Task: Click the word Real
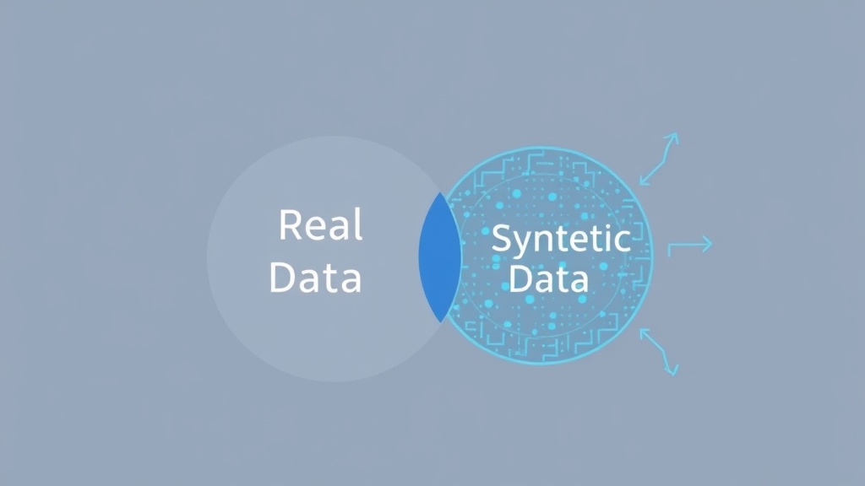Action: tap(320, 224)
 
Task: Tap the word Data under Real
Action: tap(316, 277)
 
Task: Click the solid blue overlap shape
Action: tap(439, 258)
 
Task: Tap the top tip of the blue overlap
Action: tap(440, 192)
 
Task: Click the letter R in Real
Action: tap(291, 224)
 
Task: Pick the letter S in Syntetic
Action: tap(502, 237)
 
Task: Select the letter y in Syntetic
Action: tap(524, 245)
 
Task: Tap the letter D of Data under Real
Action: tap(282, 277)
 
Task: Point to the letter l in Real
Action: tap(360, 224)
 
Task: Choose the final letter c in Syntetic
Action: tap(623, 241)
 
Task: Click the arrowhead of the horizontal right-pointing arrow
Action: tap(706, 244)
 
